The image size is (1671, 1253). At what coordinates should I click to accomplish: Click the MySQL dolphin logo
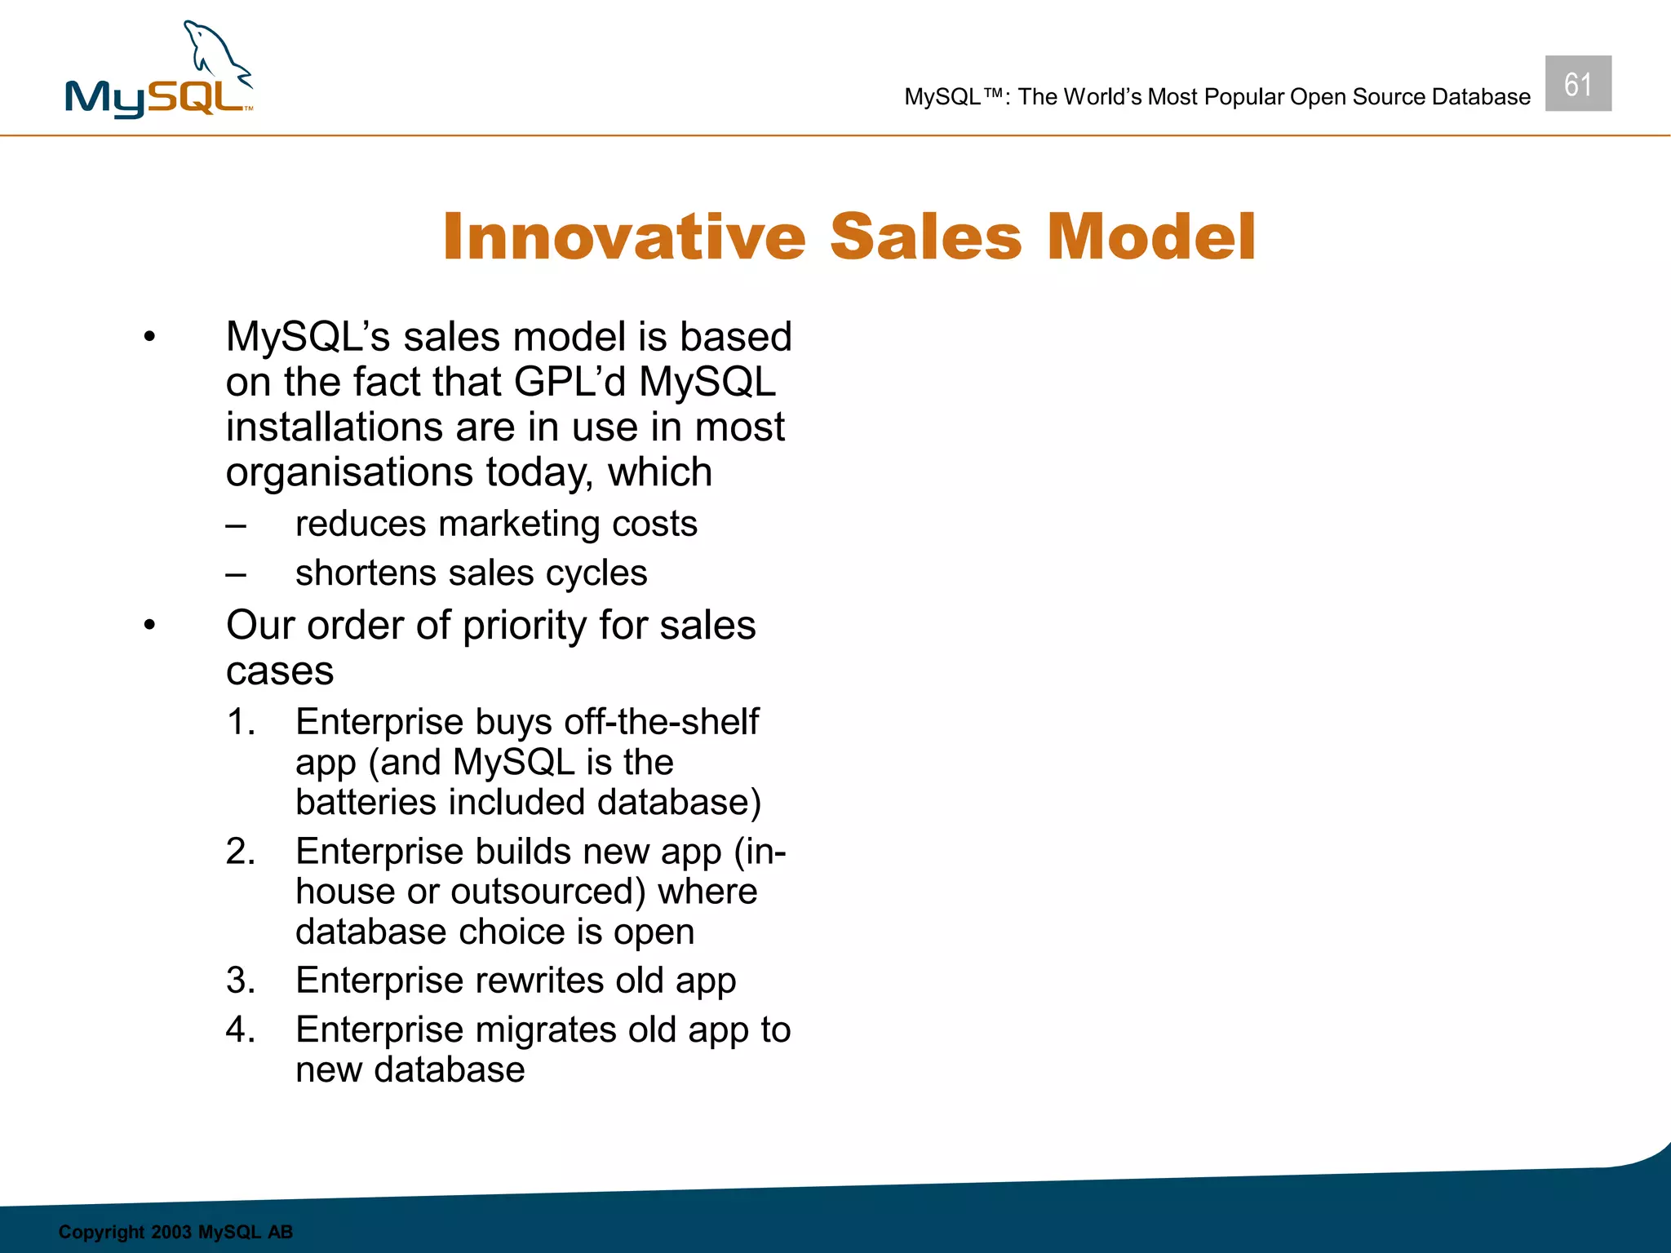[159, 72]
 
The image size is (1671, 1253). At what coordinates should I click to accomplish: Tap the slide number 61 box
[1577, 84]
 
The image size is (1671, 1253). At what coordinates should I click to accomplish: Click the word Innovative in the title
[624, 237]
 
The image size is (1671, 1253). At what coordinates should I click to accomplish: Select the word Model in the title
[1150, 237]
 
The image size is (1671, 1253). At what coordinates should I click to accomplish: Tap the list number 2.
[240, 852]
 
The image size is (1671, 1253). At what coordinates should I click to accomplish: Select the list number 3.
[240, 981]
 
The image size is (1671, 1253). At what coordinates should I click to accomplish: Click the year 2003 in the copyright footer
[171, 1232]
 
